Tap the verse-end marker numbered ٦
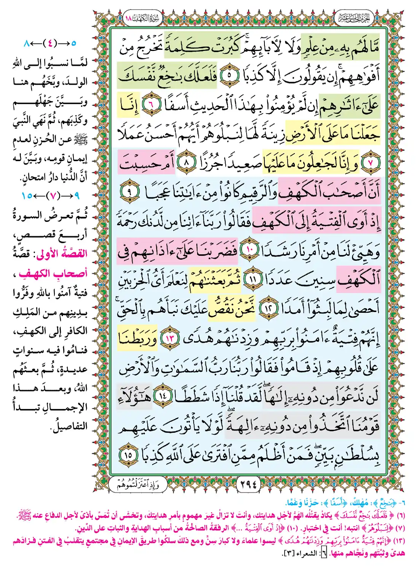pyautogui.click(x=151, y=105)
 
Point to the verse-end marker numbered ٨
pyautogui.click(x=186, y=163)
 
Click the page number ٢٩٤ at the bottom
pyautogui.click(x=248, y=484)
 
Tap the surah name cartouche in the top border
pyautogui.click(x=143, y=18)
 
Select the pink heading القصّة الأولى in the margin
pyautogui.click(x=62, y=253)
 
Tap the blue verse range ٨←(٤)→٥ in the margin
pyautogui.click(x=49, y=43)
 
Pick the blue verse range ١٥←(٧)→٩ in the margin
pyautogui.click(x=51, y=196)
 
